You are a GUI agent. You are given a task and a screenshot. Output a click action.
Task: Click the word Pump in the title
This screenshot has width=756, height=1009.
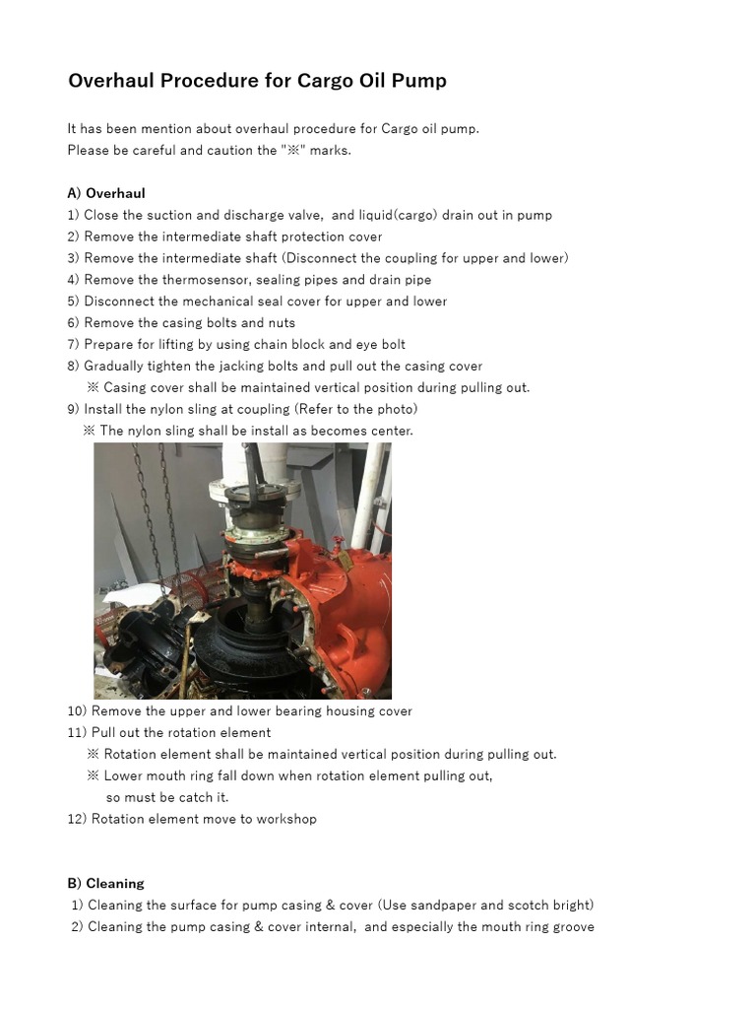[420, 81]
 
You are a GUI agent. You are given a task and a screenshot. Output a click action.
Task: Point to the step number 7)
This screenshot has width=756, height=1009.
[74, 345]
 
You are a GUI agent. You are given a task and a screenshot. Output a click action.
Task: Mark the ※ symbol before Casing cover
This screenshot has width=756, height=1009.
[93, 387]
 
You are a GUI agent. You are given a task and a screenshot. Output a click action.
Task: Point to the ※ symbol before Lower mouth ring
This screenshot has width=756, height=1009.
[93, 775]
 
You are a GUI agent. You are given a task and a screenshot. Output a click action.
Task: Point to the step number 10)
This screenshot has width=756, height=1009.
[78, 711]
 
